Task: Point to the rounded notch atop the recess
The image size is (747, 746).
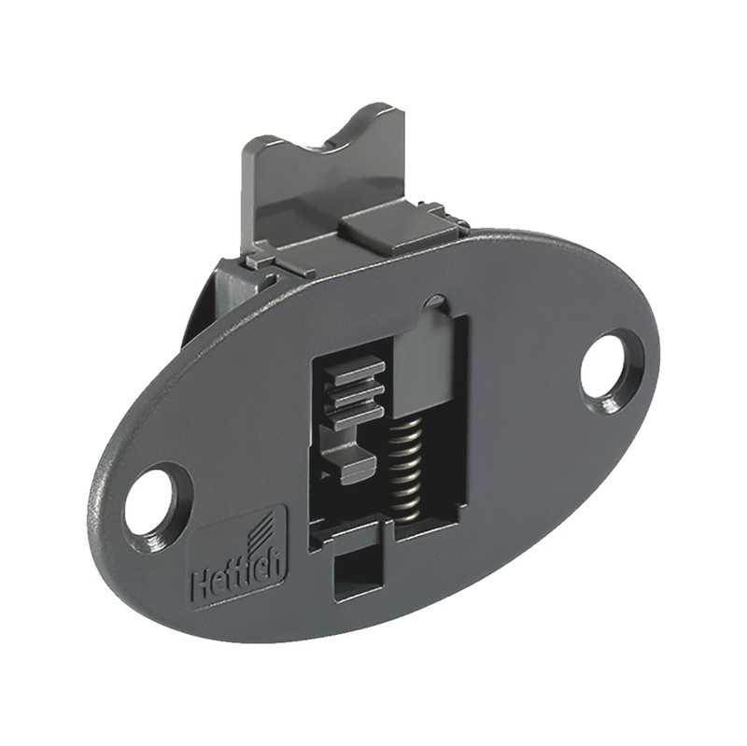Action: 434,302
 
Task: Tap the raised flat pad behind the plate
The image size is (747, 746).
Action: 385,228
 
